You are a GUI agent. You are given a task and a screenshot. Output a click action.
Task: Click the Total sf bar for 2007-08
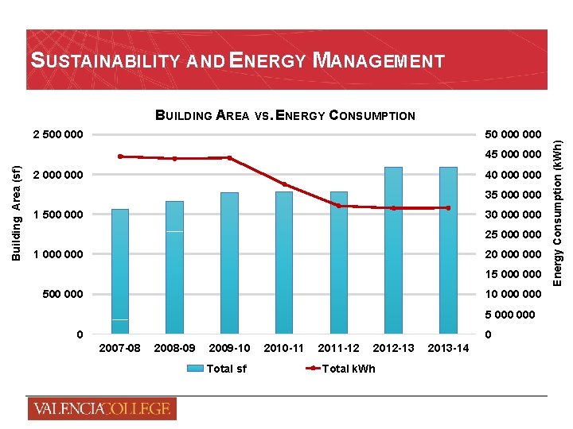(120, 271)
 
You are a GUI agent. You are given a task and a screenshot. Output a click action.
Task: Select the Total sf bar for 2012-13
(393, 250)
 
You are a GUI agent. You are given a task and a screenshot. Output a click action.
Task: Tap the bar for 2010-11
(284, 262)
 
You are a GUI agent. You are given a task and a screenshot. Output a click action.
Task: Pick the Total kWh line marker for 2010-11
(284, 185)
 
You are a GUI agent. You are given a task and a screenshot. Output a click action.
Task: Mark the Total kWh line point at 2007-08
(120, 157)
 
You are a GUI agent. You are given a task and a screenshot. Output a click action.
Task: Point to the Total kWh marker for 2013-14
(448, 208)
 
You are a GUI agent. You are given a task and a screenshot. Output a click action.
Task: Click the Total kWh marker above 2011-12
(338, 206)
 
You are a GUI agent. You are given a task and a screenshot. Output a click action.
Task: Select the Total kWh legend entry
(337, 368)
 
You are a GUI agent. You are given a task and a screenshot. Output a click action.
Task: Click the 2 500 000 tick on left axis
(56, 133)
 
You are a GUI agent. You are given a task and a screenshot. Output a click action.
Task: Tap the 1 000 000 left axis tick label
(56, 254)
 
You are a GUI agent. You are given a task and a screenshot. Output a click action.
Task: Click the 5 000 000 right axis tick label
(513, 315)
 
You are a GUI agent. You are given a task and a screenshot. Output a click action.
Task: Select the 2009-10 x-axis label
(229, 348)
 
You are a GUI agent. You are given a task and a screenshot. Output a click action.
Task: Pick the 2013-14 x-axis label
(448, 348)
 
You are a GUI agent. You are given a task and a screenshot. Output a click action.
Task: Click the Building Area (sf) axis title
(16, 213)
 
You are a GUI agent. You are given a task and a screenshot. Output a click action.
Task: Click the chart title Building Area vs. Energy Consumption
(285, 115)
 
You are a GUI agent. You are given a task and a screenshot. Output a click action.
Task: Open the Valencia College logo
(101, 408)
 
